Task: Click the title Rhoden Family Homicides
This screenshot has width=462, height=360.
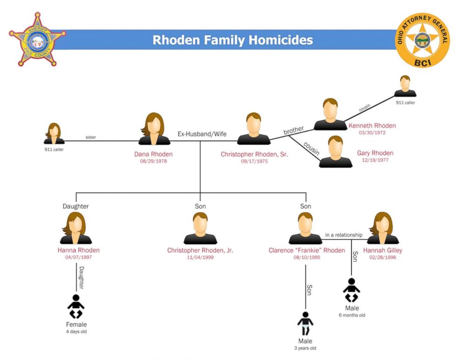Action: click(x=232, y=40)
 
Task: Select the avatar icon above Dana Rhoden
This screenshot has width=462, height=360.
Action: click(x=154, y=129)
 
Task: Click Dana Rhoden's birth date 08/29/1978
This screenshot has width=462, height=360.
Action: click(x=153, y=162)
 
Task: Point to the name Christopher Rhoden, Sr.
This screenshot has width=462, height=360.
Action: click(x=254, y=154)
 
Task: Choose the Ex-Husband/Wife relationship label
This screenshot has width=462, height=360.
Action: click(x=202, y=134)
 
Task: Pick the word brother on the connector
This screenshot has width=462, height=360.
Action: click(x=293, y=130)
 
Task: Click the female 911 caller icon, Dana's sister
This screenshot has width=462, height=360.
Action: click(x=54, y=134)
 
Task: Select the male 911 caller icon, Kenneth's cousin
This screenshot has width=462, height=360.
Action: click(x=405, y=86)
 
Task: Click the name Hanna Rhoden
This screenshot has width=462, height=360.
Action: click(x=79, y=251)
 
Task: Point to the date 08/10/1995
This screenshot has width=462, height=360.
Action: click(x=306, y=257)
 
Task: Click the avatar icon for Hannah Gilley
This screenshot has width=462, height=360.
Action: click(x=383, y=228)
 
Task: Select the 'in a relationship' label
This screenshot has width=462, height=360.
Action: click(x=344, y=235)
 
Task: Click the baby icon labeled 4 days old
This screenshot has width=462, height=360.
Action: click(x=76, y=306)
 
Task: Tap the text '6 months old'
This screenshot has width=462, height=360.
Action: click(x=352, y=315)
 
